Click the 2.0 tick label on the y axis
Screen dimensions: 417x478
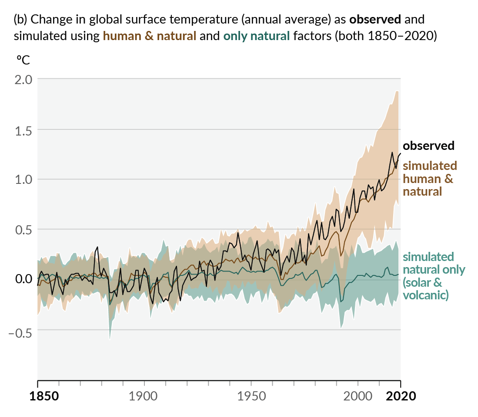pos(23,80)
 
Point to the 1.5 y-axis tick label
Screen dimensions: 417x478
pos(23,130)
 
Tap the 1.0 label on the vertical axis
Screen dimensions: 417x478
pos(23,180)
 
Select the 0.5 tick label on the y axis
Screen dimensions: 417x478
pos(23,230)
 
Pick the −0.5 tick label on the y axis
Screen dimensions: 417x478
pos(20,330)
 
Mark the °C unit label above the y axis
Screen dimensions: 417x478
pos(23,60)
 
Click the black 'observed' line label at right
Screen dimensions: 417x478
pos(428,146)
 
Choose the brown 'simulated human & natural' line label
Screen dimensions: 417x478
pos(430,178)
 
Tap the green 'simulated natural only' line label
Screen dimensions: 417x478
pos(434,276)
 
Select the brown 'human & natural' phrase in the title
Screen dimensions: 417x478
pos(149,36)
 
